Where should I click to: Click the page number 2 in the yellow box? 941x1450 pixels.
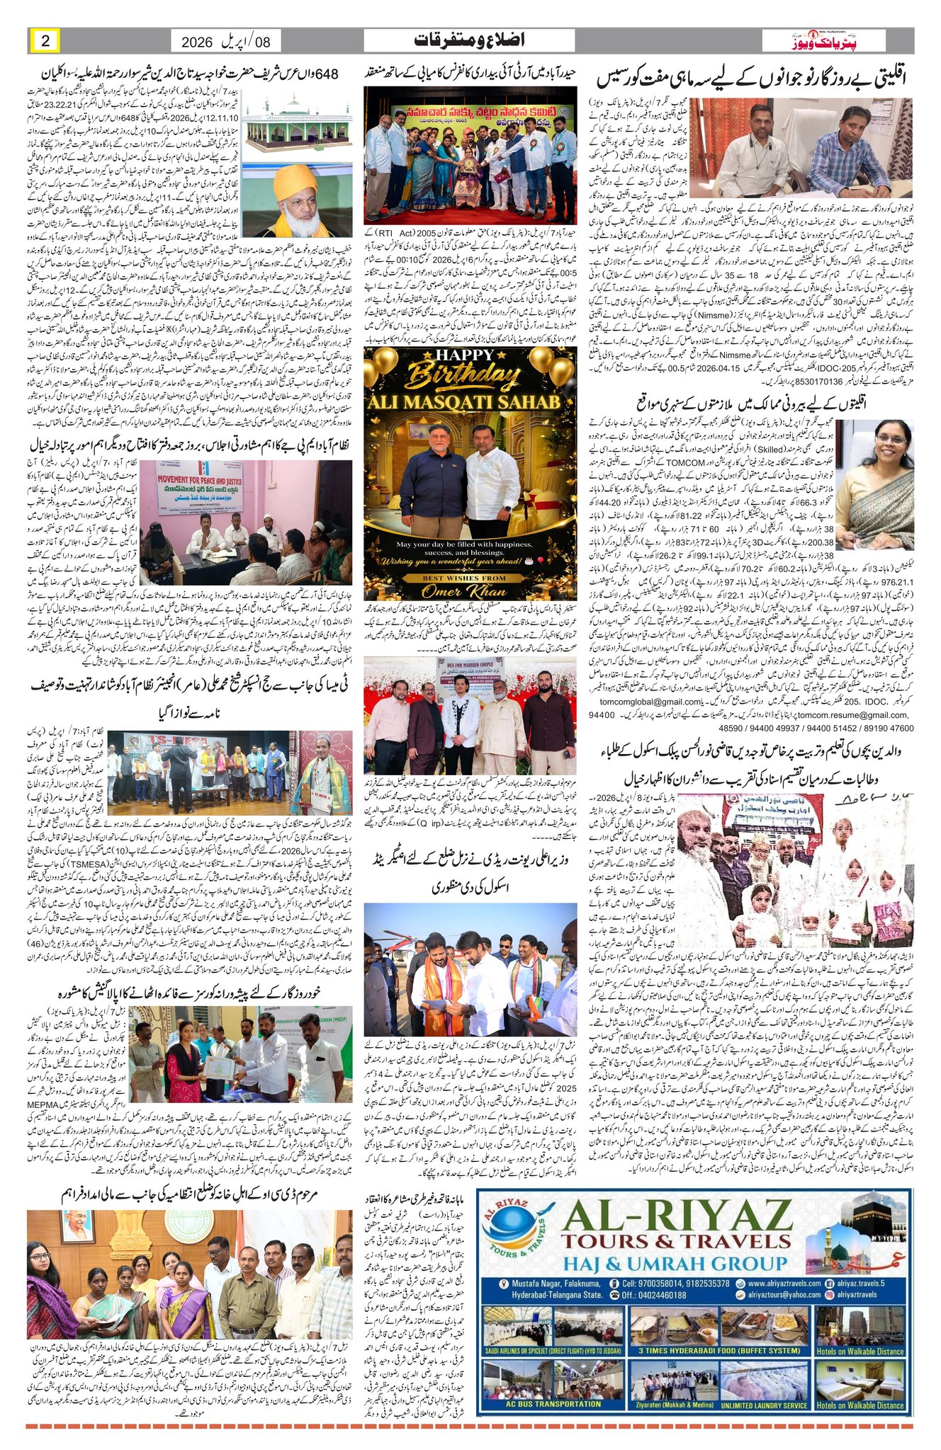[x=45, y=41]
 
